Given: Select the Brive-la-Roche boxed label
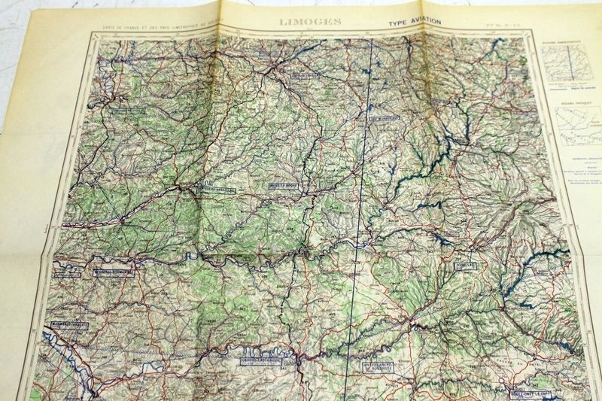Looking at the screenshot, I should (283, 184).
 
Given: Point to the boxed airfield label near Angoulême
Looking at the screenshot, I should (125, 108).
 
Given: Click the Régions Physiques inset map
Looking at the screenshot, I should (576, 121).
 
